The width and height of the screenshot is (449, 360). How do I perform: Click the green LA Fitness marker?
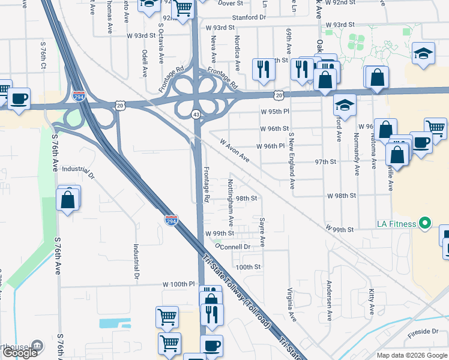tap(425, 224)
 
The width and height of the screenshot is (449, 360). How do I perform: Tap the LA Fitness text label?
tap(396, 224)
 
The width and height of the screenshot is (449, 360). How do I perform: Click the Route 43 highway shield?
tap(196, 114)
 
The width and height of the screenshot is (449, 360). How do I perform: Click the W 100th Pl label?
tap(179, 283)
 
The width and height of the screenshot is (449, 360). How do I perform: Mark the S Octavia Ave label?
tap(161, 43)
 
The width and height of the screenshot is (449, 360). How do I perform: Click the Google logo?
tap(20, 353)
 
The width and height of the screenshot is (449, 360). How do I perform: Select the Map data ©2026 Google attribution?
tap(412, 355)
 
